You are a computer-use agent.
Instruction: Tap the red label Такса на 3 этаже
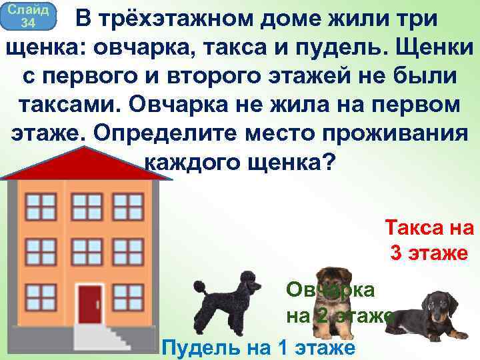pyautogui.click(x=429, y=241)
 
